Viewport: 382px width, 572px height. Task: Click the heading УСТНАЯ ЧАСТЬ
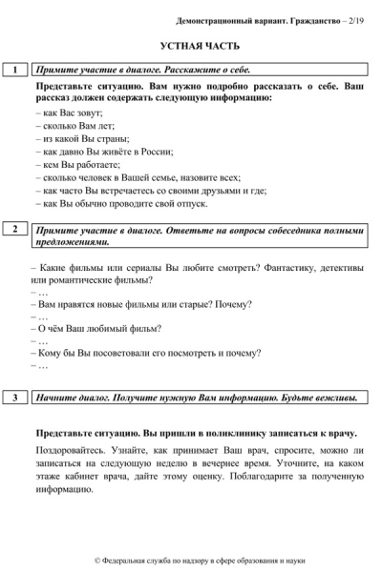pos(200,46)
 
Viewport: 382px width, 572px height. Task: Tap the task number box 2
pos(15,230)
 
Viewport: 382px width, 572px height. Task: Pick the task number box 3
pos(15,398)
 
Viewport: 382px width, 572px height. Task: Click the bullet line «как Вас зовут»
pos(68,112)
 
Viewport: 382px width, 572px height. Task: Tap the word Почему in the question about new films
pos(233,305)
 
